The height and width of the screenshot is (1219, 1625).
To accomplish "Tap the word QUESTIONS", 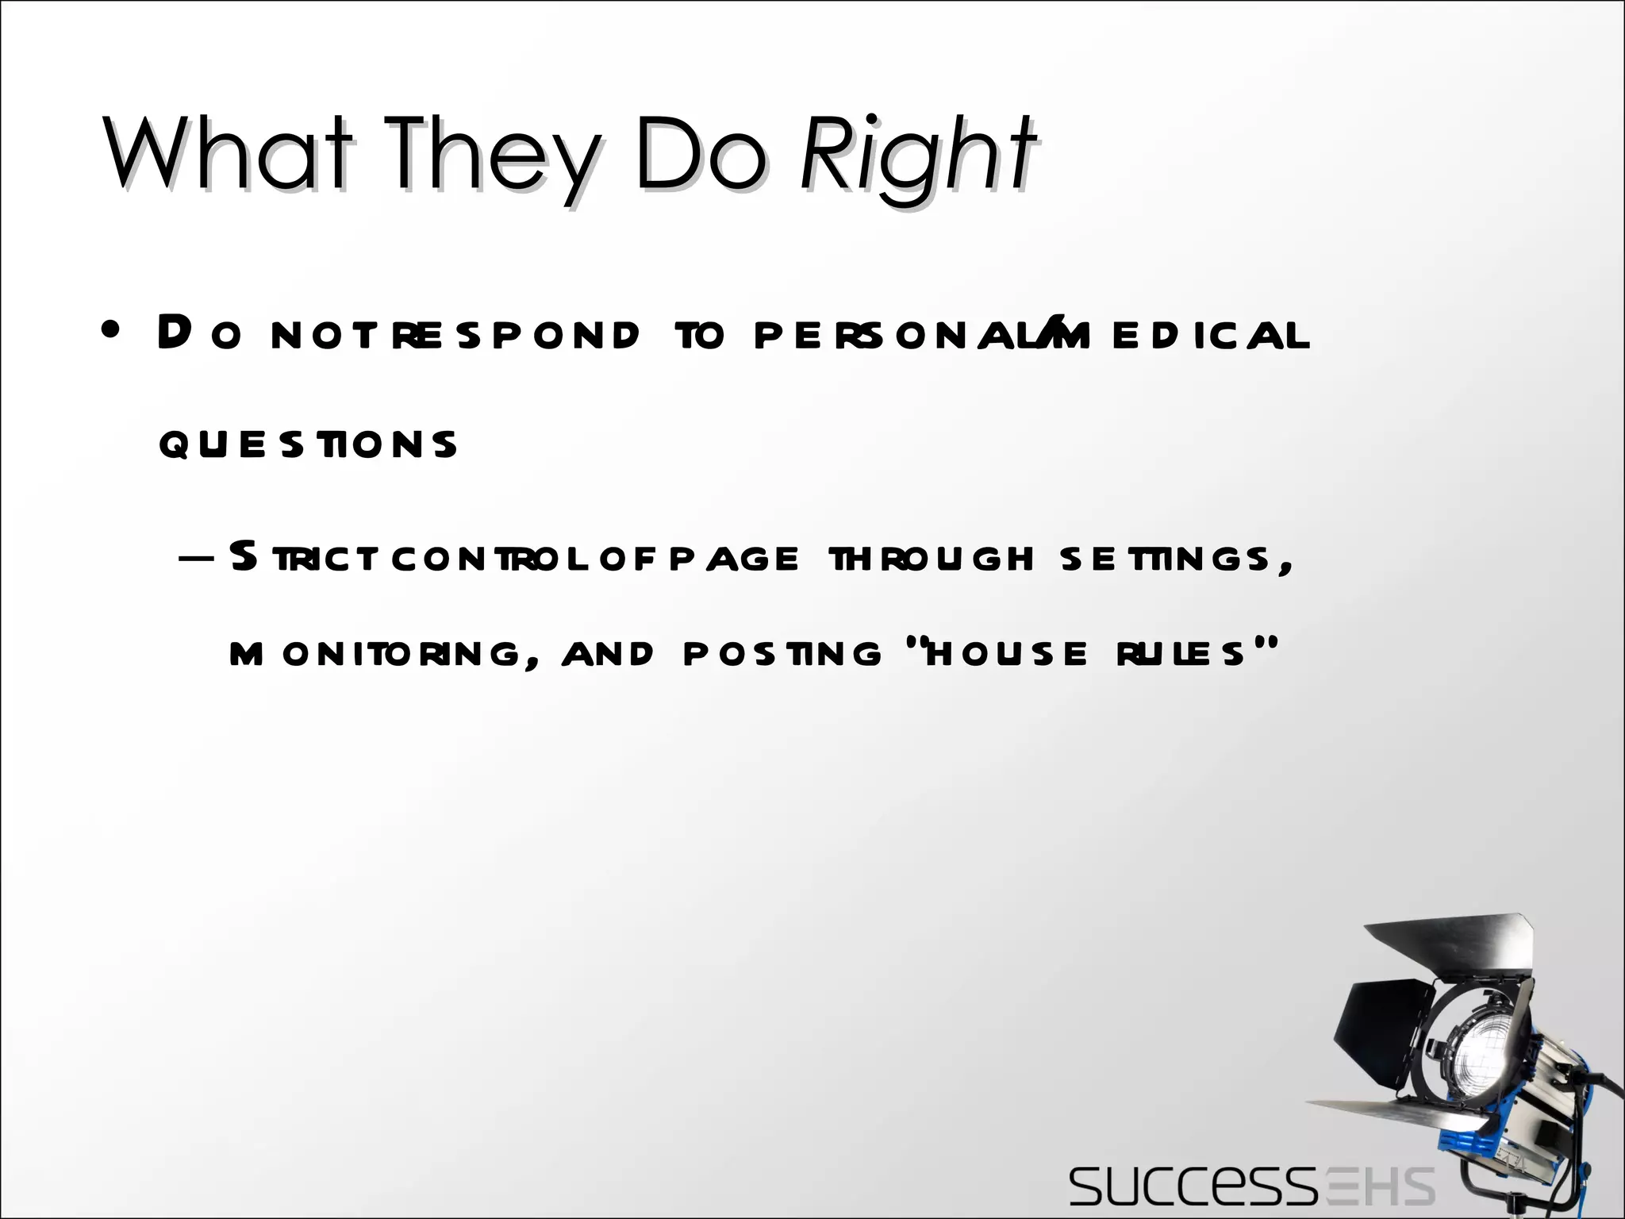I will [308, 444].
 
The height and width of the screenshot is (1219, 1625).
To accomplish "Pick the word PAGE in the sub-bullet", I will [734, 559].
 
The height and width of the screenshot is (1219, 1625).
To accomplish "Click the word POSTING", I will [782, 654].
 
